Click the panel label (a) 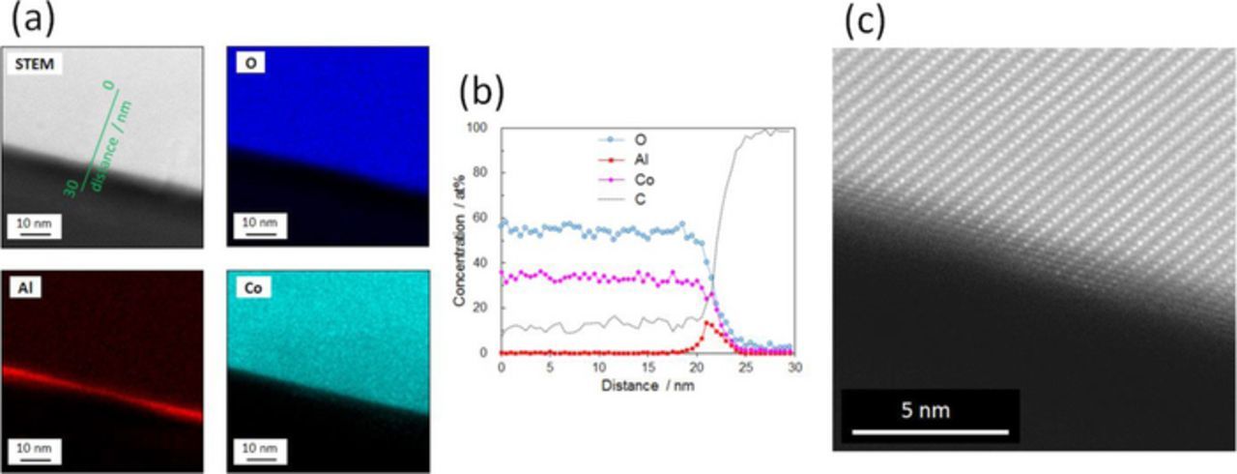[x=26, y=18]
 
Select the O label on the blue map [x=245, y=65]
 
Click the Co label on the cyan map [x=248, y=287]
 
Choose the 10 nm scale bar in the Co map [x=256, y=449]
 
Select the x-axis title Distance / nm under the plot [x=647, y=386]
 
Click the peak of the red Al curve [x=706, y=322]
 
